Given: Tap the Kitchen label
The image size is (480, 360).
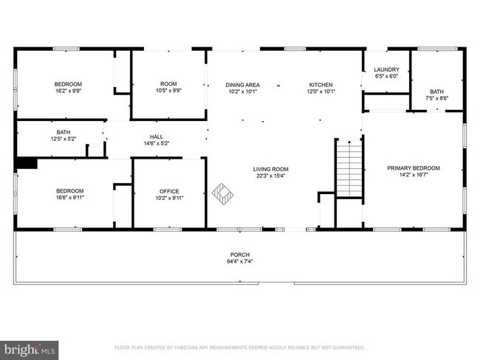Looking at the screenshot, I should pos(320,85).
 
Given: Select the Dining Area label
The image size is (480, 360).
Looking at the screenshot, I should pos(242,85).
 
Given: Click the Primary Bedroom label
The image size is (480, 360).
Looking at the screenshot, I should pos(413,168).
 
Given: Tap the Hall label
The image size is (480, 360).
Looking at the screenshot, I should pos(157,136).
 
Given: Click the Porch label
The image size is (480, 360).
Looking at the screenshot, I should pos(240,253).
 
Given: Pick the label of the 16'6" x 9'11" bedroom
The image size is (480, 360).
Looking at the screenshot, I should pos(69,190).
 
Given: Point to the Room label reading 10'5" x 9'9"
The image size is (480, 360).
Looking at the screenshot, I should pos(169,83).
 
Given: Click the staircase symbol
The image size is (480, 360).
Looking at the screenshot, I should pos(350,169).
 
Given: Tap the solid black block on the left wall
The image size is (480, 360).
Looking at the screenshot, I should pos(27,164).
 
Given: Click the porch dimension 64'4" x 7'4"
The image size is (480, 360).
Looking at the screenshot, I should pos(240,260).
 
